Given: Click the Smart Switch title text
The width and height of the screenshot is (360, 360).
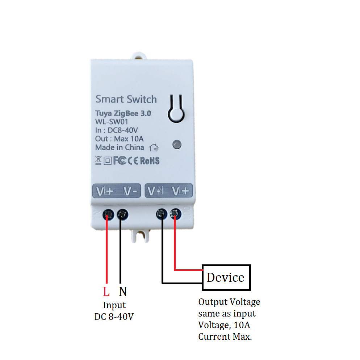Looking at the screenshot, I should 126,99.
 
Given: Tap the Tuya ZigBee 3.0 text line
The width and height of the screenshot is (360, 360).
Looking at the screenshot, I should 123,113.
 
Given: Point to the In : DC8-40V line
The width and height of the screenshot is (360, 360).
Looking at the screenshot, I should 117,130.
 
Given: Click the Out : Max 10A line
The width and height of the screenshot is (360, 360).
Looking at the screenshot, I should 120,139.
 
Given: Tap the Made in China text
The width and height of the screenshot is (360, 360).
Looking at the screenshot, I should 120,147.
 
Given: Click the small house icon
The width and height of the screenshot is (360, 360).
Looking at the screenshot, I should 154,147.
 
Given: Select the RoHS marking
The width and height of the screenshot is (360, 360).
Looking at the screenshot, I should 150,160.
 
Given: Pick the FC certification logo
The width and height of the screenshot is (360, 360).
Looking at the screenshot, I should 120,160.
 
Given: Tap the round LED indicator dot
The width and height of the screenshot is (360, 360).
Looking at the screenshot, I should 177,145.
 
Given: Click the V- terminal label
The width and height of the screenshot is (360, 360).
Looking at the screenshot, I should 130,191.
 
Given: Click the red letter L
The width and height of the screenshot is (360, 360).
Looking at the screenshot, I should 106,292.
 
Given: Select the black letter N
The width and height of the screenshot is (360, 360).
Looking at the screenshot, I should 123,292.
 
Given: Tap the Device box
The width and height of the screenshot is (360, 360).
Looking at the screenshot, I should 226,277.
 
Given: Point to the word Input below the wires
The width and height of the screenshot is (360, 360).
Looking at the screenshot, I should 114,305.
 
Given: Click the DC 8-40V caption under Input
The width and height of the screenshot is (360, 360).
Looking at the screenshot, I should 114,317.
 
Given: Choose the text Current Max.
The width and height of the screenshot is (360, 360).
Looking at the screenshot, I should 225,336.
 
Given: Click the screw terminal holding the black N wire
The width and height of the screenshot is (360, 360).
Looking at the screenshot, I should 122,214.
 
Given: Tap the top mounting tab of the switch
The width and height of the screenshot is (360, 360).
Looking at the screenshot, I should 139,56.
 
